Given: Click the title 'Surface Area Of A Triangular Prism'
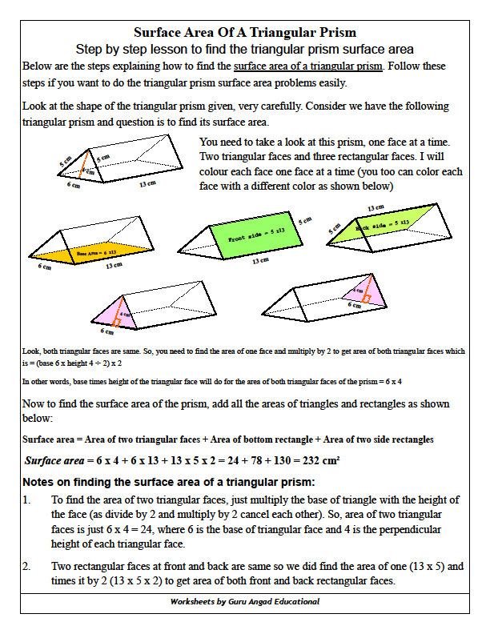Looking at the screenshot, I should tap(245, 34).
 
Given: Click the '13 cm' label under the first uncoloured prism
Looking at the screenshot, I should tap(147, 183).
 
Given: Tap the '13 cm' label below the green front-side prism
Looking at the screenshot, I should tap(260, 261).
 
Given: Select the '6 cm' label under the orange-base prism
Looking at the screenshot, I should tap(44, 267).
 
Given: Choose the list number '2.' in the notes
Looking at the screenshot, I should tap(27, 567).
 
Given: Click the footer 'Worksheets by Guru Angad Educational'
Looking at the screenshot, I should tap(245, 601).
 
